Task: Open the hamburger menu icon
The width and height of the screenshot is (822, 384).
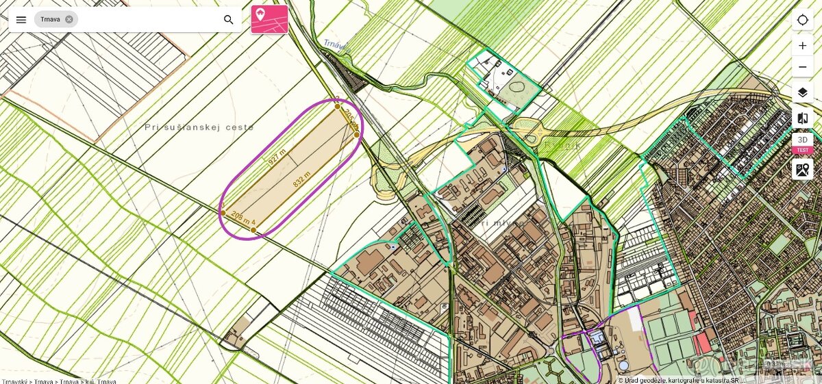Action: [21, 19]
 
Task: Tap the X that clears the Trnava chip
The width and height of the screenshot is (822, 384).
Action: [69, 19]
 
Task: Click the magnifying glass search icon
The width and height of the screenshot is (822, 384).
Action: [229, 19]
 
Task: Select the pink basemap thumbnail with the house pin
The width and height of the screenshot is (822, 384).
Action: [269, 19]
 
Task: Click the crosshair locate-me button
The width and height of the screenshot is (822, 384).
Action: [803, 19]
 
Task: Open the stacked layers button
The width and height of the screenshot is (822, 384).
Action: [803, 92]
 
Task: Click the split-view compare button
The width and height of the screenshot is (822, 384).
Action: [803, 118]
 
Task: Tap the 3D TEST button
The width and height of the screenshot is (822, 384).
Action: [803, 143]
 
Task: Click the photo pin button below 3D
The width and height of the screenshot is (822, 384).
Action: [803, 169]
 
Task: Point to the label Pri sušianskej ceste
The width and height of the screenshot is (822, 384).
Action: [199, 127]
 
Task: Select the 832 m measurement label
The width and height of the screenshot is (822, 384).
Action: [302, 179]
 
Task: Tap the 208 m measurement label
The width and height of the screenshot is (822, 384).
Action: [240, 216]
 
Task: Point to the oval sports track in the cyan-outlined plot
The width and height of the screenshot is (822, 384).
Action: [516, 88]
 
